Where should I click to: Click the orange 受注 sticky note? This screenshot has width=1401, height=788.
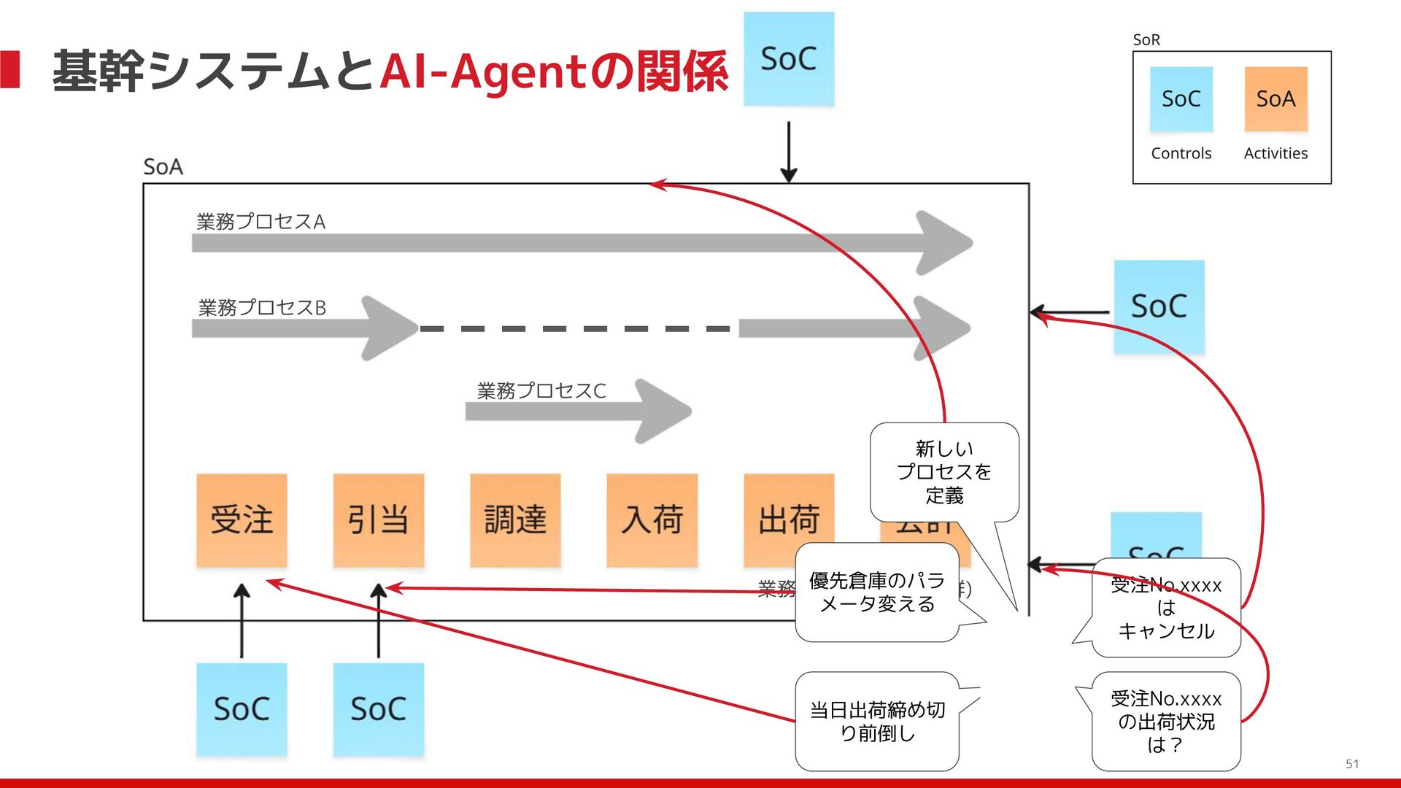(x=242, y=519)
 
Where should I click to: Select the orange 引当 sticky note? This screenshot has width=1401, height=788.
(x=378, y=519)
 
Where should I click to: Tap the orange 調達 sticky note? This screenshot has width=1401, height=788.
(x=515, y=519)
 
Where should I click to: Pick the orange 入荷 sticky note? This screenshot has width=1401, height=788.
(x=652, y=519)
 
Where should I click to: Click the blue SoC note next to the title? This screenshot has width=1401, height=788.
(x=788, y=58)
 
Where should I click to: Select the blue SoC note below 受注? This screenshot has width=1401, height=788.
(x=242, y=708)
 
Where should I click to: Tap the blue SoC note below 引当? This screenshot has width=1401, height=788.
(x=378, y=708)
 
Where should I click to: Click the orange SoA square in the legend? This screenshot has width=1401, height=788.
(x=1275, y=98)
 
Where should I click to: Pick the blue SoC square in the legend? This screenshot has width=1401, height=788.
(x=1181, y=98)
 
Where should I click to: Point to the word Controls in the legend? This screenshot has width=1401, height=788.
(x=1181, y=153)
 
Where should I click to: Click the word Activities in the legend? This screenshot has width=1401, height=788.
(x=1275, y=153)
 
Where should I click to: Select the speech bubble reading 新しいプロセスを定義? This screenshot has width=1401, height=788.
(x=944, y=472)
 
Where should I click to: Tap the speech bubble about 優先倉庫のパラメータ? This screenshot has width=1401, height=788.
(x=876, y=592)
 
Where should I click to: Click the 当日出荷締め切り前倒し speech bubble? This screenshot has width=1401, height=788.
(x=876, y=721)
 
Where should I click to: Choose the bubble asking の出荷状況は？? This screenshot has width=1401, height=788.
(x=1165, y=721)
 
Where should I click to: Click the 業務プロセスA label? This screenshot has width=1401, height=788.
(x=260, y=221)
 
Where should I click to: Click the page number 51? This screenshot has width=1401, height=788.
(x=1352, y=764)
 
